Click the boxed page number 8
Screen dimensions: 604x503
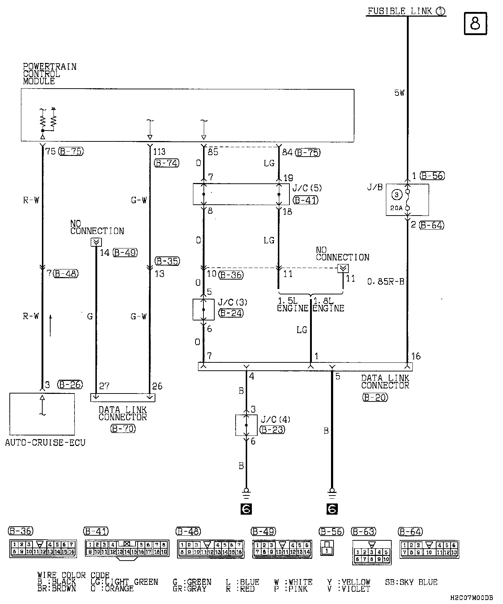click(476, 24)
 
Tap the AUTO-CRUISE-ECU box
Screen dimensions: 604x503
click(42, 414)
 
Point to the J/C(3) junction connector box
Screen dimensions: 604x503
click(203, 309)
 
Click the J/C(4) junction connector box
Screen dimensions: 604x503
click(246, 425)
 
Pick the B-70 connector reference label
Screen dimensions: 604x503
click(123, 429)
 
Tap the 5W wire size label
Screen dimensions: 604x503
click(399, 93)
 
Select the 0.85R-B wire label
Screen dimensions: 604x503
click(386, 281)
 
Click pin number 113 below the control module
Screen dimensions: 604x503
click(159, 152)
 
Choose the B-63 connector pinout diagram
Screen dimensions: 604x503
click(371, 552)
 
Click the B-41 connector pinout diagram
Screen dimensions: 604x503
click(126, 549)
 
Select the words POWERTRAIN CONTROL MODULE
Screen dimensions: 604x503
click(50, 74)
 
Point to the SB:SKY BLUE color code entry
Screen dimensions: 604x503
click(411, 582)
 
